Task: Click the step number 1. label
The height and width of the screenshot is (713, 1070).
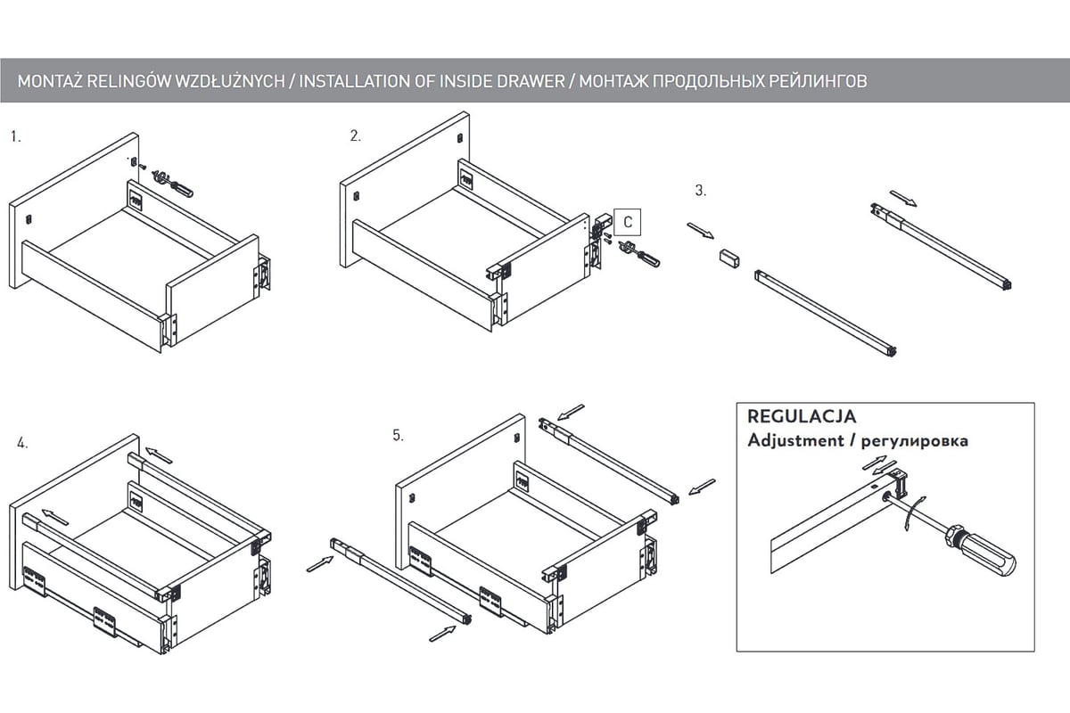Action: pyautogui.click(x=15, y=137)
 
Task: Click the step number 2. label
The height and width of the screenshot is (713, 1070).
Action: pyautogui.click(x=356, y=135)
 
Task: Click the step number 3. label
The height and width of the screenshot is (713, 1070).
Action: pyautogui.click(x=701, y=190)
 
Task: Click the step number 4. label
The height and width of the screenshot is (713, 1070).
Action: pyautogui.click(x=22, y=443)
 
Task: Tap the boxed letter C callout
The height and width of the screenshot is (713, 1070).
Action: pyautogui.click(x=628, y=221)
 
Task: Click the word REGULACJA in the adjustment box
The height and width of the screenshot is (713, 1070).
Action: pyautogui.click(x=801, y=416)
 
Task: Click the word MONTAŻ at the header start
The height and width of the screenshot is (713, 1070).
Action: pyautogui.click(x=50, y=81)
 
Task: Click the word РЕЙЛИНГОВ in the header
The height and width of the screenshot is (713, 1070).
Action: pyautogui.click(x=818, y=81)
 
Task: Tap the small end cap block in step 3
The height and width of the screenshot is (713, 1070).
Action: pyautogui.click(x=730, y=258)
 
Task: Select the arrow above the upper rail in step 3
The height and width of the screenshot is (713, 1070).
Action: pyautogui.click(x=903, y=197)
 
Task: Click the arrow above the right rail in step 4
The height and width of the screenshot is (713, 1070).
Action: pyautogui.click(x=159, y=455)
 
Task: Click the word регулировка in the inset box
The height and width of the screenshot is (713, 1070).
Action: pyautogui.click(x=916, y=440)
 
